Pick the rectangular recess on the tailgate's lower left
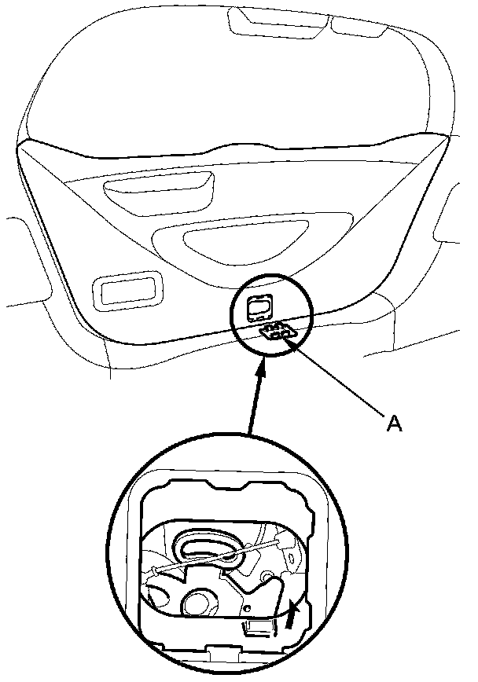126,290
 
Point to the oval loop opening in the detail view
207,548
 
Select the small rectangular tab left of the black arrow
257,626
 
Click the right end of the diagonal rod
282,542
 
